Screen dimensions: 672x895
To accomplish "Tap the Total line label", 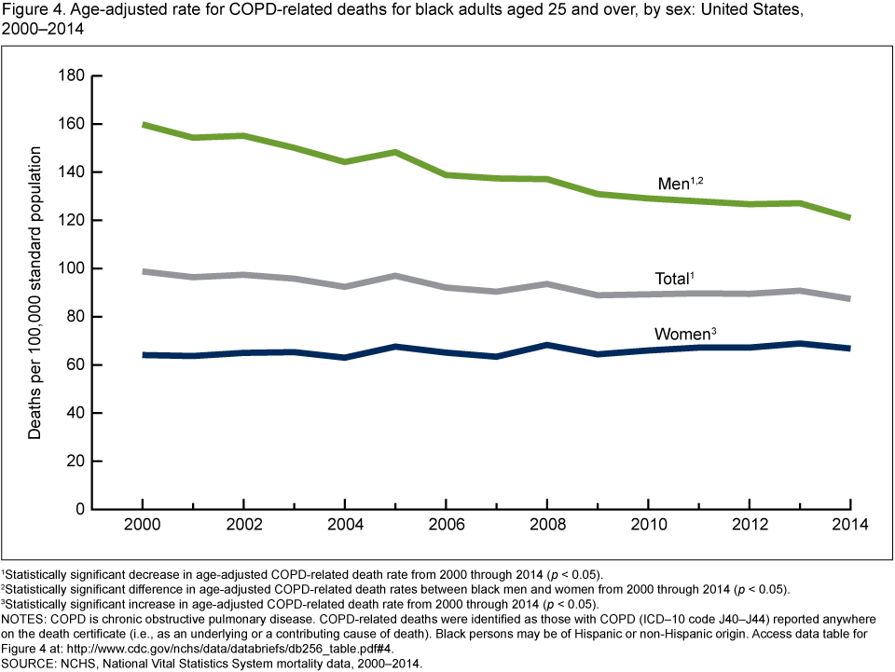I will click(x=674, y=279).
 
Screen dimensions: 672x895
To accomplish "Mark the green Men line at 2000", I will click(x=142, y=125).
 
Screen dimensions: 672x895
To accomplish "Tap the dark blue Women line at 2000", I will click(x=142, y=355).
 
